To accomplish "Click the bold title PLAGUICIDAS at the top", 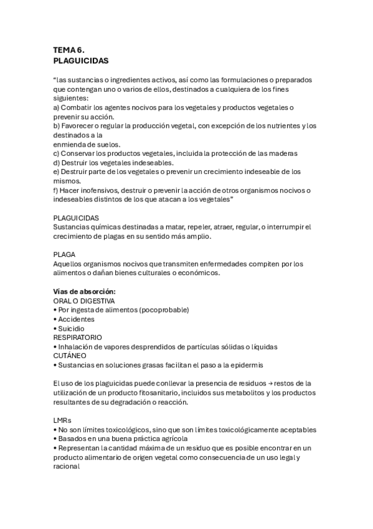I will (81, 61).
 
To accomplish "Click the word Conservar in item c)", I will (78, 153).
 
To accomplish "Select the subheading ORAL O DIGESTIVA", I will (88, 301).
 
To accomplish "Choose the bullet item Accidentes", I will (77, 319).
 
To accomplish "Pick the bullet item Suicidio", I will (71, 328).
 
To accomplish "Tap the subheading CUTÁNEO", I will (70, 356).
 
